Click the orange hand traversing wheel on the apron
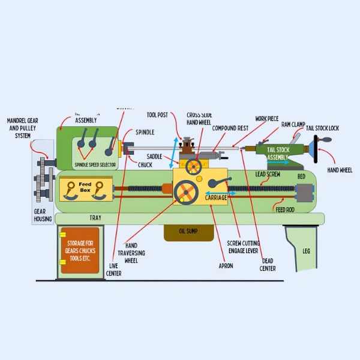(x=186, y=193)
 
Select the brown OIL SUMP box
(x=189, y=231)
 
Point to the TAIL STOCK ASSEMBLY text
(x=278, y=153)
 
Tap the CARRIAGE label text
(x=216, y=197)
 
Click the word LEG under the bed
(x=306, y=251)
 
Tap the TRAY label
(x=95, y=218)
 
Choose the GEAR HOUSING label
(x=43, y=215)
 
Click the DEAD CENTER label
(x=268, y=265)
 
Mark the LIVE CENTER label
(x=113, y=270)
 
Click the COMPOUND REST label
(x=230, y=128)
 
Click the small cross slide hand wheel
(x=193, y=166)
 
